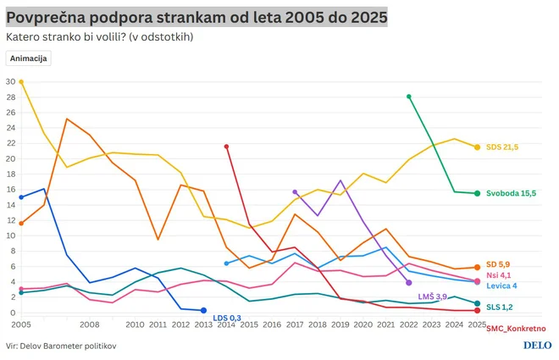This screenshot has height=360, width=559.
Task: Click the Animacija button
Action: (29, 58)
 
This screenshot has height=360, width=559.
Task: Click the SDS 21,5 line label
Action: (502, 147)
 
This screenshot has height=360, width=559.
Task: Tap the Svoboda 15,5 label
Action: (511, 193)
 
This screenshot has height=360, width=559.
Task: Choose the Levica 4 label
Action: (502, 286)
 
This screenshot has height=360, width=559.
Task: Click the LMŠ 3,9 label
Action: (433, 296)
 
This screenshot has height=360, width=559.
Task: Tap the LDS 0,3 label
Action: (227, 318)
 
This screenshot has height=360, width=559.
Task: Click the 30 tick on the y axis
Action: (10, 81)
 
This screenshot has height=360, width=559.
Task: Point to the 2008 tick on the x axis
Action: (90, 324)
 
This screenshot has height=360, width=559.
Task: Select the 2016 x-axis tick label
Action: (272, 324)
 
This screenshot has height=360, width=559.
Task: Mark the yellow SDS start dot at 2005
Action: (21, 82)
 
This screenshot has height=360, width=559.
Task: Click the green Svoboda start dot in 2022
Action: (409, 97)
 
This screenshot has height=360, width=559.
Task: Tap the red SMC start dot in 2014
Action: (226, 147)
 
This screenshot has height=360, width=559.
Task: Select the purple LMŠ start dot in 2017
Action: (295, 192)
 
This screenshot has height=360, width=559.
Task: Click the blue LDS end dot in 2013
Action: (203, 311)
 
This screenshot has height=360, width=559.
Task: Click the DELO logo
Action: (537, 346)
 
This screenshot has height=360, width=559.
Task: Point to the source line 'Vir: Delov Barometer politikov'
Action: (60, 346)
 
